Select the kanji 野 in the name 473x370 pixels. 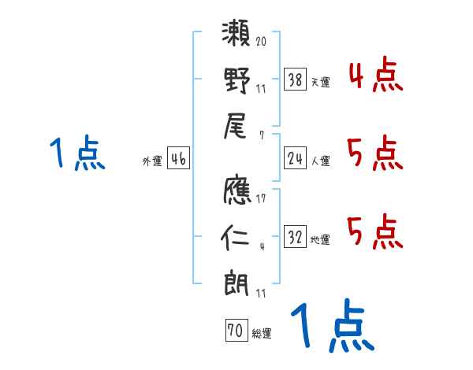point(236,80)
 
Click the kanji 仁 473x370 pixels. point(236,235)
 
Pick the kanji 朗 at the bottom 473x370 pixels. point(236,283)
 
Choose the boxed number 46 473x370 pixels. point(179,160)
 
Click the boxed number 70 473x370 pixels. point(235,331)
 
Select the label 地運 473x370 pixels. point(320,240)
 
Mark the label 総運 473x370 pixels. point(262,334)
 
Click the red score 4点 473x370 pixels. point(374,76)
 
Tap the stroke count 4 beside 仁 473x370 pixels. point(262,246)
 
